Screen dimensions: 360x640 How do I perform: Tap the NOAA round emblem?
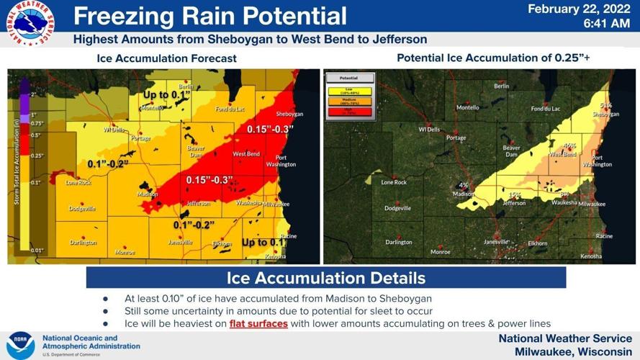coord(21,345)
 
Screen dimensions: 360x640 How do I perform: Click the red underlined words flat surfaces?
coord(258,324)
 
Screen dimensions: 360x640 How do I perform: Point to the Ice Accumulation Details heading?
coord(325,278)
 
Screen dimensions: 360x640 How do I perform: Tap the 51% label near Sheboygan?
coord(605,105)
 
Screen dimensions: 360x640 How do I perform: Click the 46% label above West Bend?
coord(569,145)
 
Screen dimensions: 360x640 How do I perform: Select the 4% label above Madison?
coord(463,185)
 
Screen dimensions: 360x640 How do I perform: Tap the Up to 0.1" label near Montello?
coord(166,94)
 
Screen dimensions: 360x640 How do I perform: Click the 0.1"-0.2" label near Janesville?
coord(194,225)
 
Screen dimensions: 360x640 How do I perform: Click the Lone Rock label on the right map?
coord(394,182)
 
